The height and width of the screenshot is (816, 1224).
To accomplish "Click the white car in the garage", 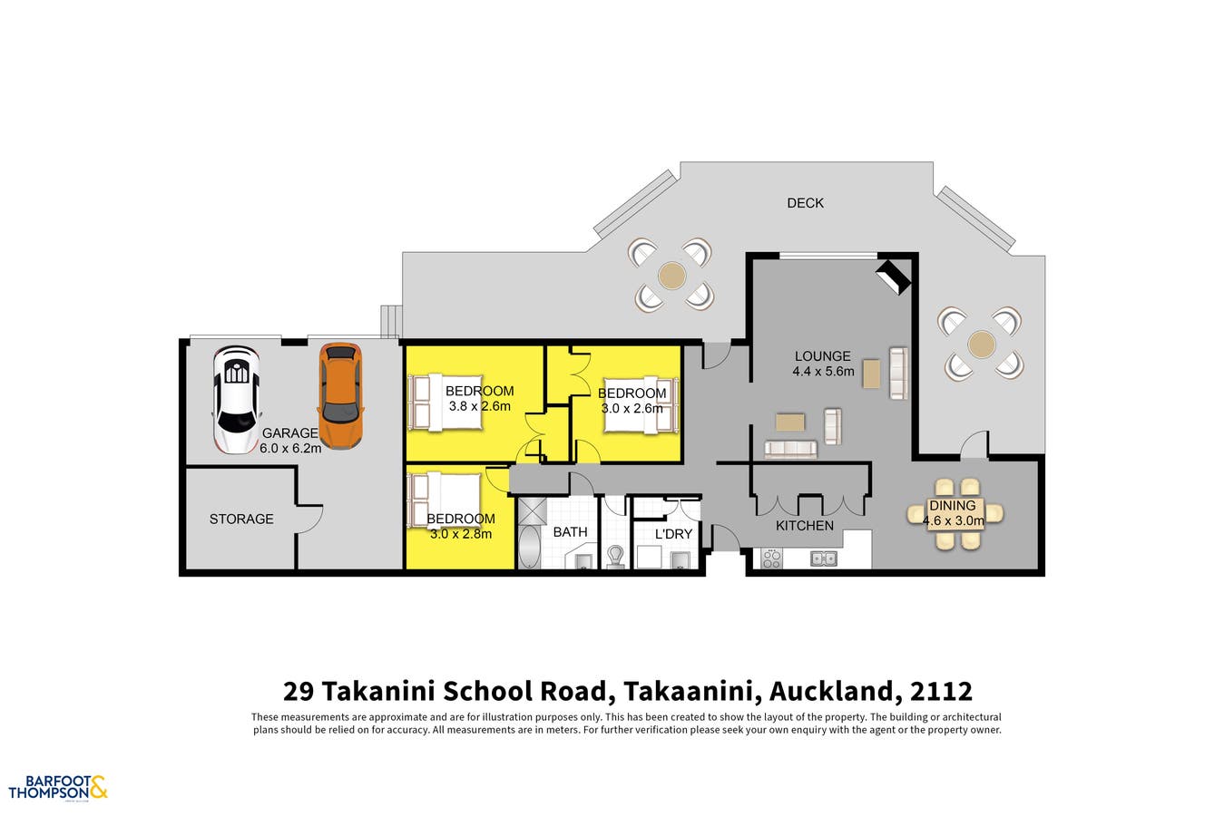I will (236, 400).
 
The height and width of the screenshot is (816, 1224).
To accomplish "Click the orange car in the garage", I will (340, 396).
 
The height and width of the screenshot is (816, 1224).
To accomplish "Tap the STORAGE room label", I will (241, 519).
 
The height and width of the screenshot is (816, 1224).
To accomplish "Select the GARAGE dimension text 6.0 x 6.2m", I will (291, 448).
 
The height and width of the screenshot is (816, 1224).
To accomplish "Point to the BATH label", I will (570, 532).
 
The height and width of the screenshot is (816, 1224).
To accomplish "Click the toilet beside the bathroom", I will (615, 555).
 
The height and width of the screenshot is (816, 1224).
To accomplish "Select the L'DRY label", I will (673, 534).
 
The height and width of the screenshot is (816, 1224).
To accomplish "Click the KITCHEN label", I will (805, 526).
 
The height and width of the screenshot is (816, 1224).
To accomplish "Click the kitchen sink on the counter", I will (823, 559).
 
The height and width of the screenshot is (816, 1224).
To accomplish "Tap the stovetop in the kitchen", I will (771, 559).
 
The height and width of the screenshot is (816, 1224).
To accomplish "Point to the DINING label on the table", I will (953, 505).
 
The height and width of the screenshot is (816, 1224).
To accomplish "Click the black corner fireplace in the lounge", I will (894, 277).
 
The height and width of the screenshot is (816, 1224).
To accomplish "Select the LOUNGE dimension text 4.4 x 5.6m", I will (823, 371).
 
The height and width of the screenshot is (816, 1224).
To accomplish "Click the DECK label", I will (805, 203).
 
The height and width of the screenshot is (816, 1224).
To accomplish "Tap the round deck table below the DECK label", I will (672, 274).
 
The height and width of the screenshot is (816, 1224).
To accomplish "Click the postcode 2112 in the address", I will (943, 692).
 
